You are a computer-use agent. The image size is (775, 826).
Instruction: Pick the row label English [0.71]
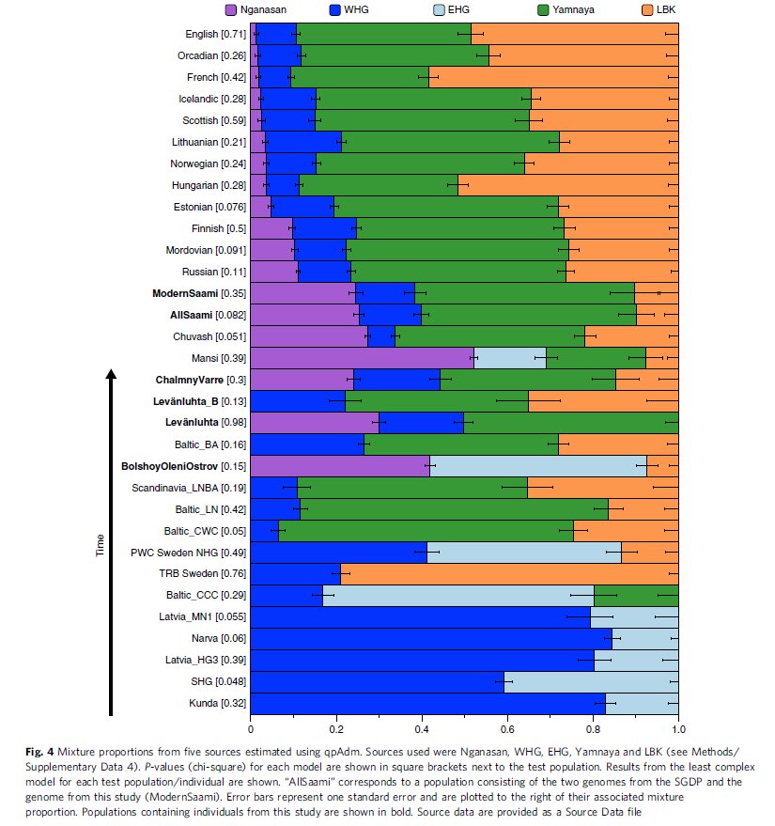pyautogui.click(x=216, y=34)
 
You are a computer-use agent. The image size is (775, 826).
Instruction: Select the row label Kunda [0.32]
pyautogui.click(x=219, y=704)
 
